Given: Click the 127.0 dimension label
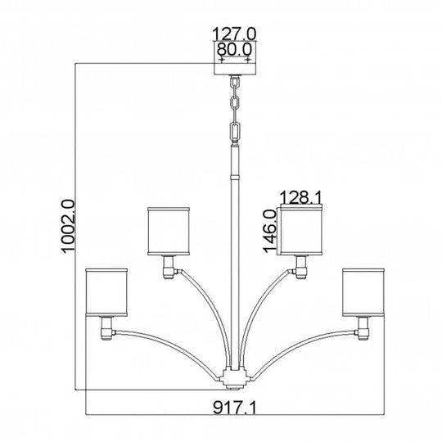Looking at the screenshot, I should [235, 34].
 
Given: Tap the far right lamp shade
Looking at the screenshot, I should [362, 290].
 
